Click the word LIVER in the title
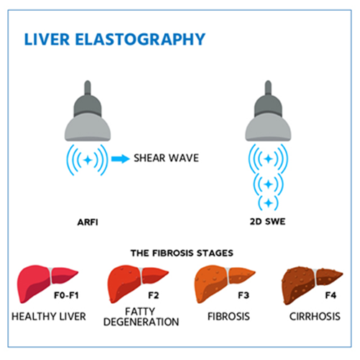click(47, 40)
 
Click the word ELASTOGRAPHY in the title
click(140, 40)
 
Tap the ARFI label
click(88, 222)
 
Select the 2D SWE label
click(268, 222)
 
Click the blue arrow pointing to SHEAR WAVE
click(120, 158)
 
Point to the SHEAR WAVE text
click(166, 158)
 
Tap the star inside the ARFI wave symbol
click(88, 160)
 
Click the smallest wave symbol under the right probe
click(269, 203)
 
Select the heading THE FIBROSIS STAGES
click(182, 253)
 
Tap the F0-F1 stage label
click(66, 295)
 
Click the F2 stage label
click(153, 295)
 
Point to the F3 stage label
click(243, 295)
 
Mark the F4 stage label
click(330, 295)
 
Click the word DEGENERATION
click(141, 322)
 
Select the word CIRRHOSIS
click(315, 317)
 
